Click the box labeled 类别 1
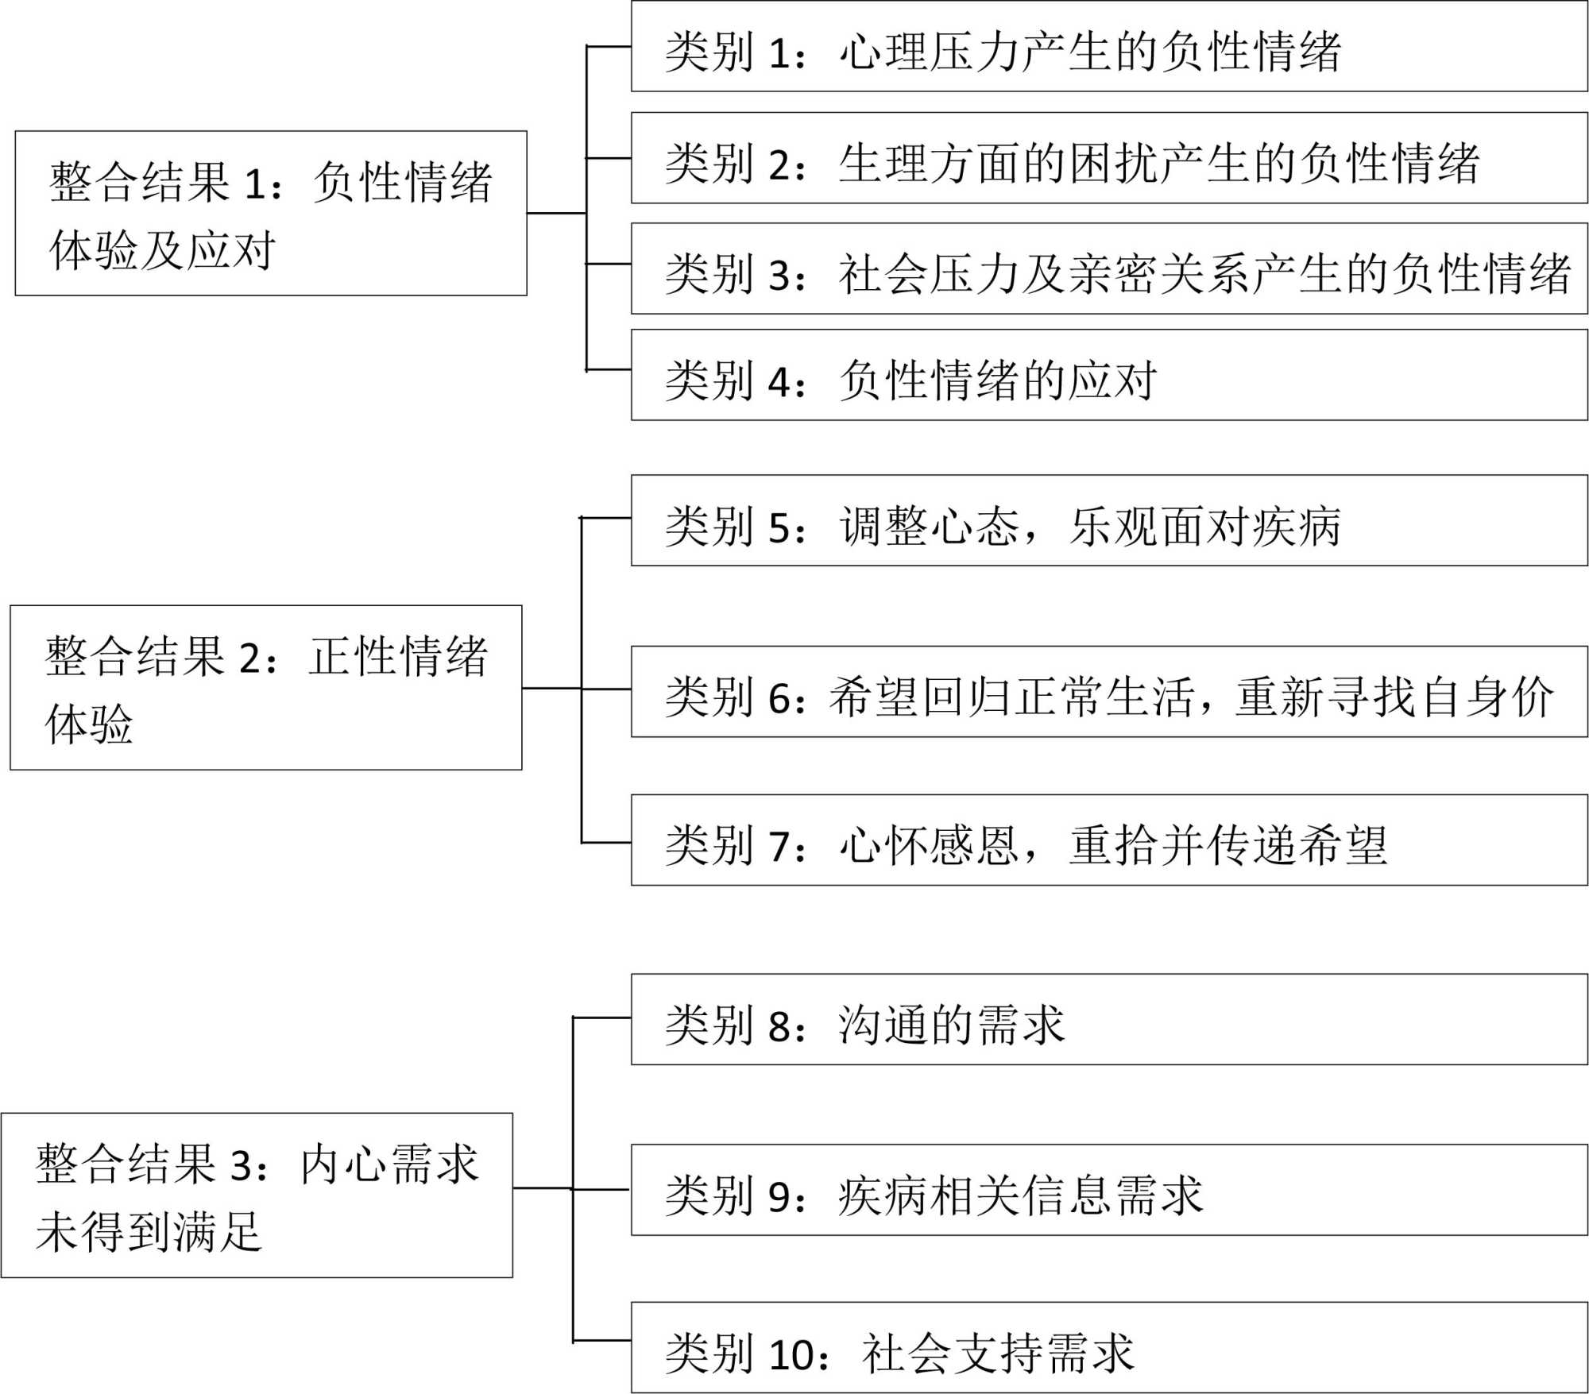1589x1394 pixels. coord(1108,46)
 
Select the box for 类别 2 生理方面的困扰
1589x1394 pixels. coord(1108,158)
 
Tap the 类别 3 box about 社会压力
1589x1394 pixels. coord(1108,269)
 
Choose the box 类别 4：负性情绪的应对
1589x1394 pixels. coord(1108,375)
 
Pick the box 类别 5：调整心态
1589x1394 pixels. coord(1108,521)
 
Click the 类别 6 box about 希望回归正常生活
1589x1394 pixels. coord(1108,692)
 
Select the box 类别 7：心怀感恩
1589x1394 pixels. coord(1108,840)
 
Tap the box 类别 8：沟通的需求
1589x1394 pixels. coord(1108,1020)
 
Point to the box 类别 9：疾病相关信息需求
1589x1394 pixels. coord(1108,1190)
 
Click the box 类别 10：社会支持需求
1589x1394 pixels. coord(1108,1348)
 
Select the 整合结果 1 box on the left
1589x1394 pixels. coord(270,214)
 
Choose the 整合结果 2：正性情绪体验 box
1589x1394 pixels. coord(265,688)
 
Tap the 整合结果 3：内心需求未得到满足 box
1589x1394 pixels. coord(257,1195)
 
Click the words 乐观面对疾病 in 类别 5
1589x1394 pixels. coord(1204,527)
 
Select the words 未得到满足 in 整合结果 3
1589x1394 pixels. coord(149,1232)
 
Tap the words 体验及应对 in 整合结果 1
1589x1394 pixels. coord(162,250)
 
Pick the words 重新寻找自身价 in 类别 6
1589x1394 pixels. coord(1394,697)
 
